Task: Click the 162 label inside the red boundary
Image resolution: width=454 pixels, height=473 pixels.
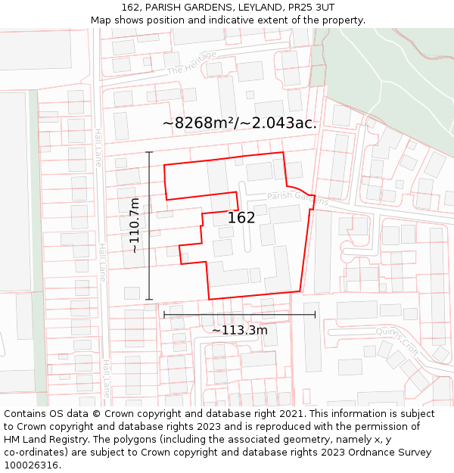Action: (241, 218)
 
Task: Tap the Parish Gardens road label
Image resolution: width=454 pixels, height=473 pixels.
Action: (298, 198)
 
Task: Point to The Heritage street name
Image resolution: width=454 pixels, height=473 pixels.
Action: (191, 63)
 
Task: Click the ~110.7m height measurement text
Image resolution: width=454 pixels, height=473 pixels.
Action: (134, 225)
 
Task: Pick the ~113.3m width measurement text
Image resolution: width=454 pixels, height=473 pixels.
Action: (239, 330)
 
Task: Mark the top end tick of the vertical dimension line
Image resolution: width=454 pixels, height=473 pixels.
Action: (149, 152)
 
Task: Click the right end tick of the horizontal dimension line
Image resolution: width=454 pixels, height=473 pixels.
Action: (316, 314)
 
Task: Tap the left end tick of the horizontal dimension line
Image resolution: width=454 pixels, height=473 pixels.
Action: (164, 314)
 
